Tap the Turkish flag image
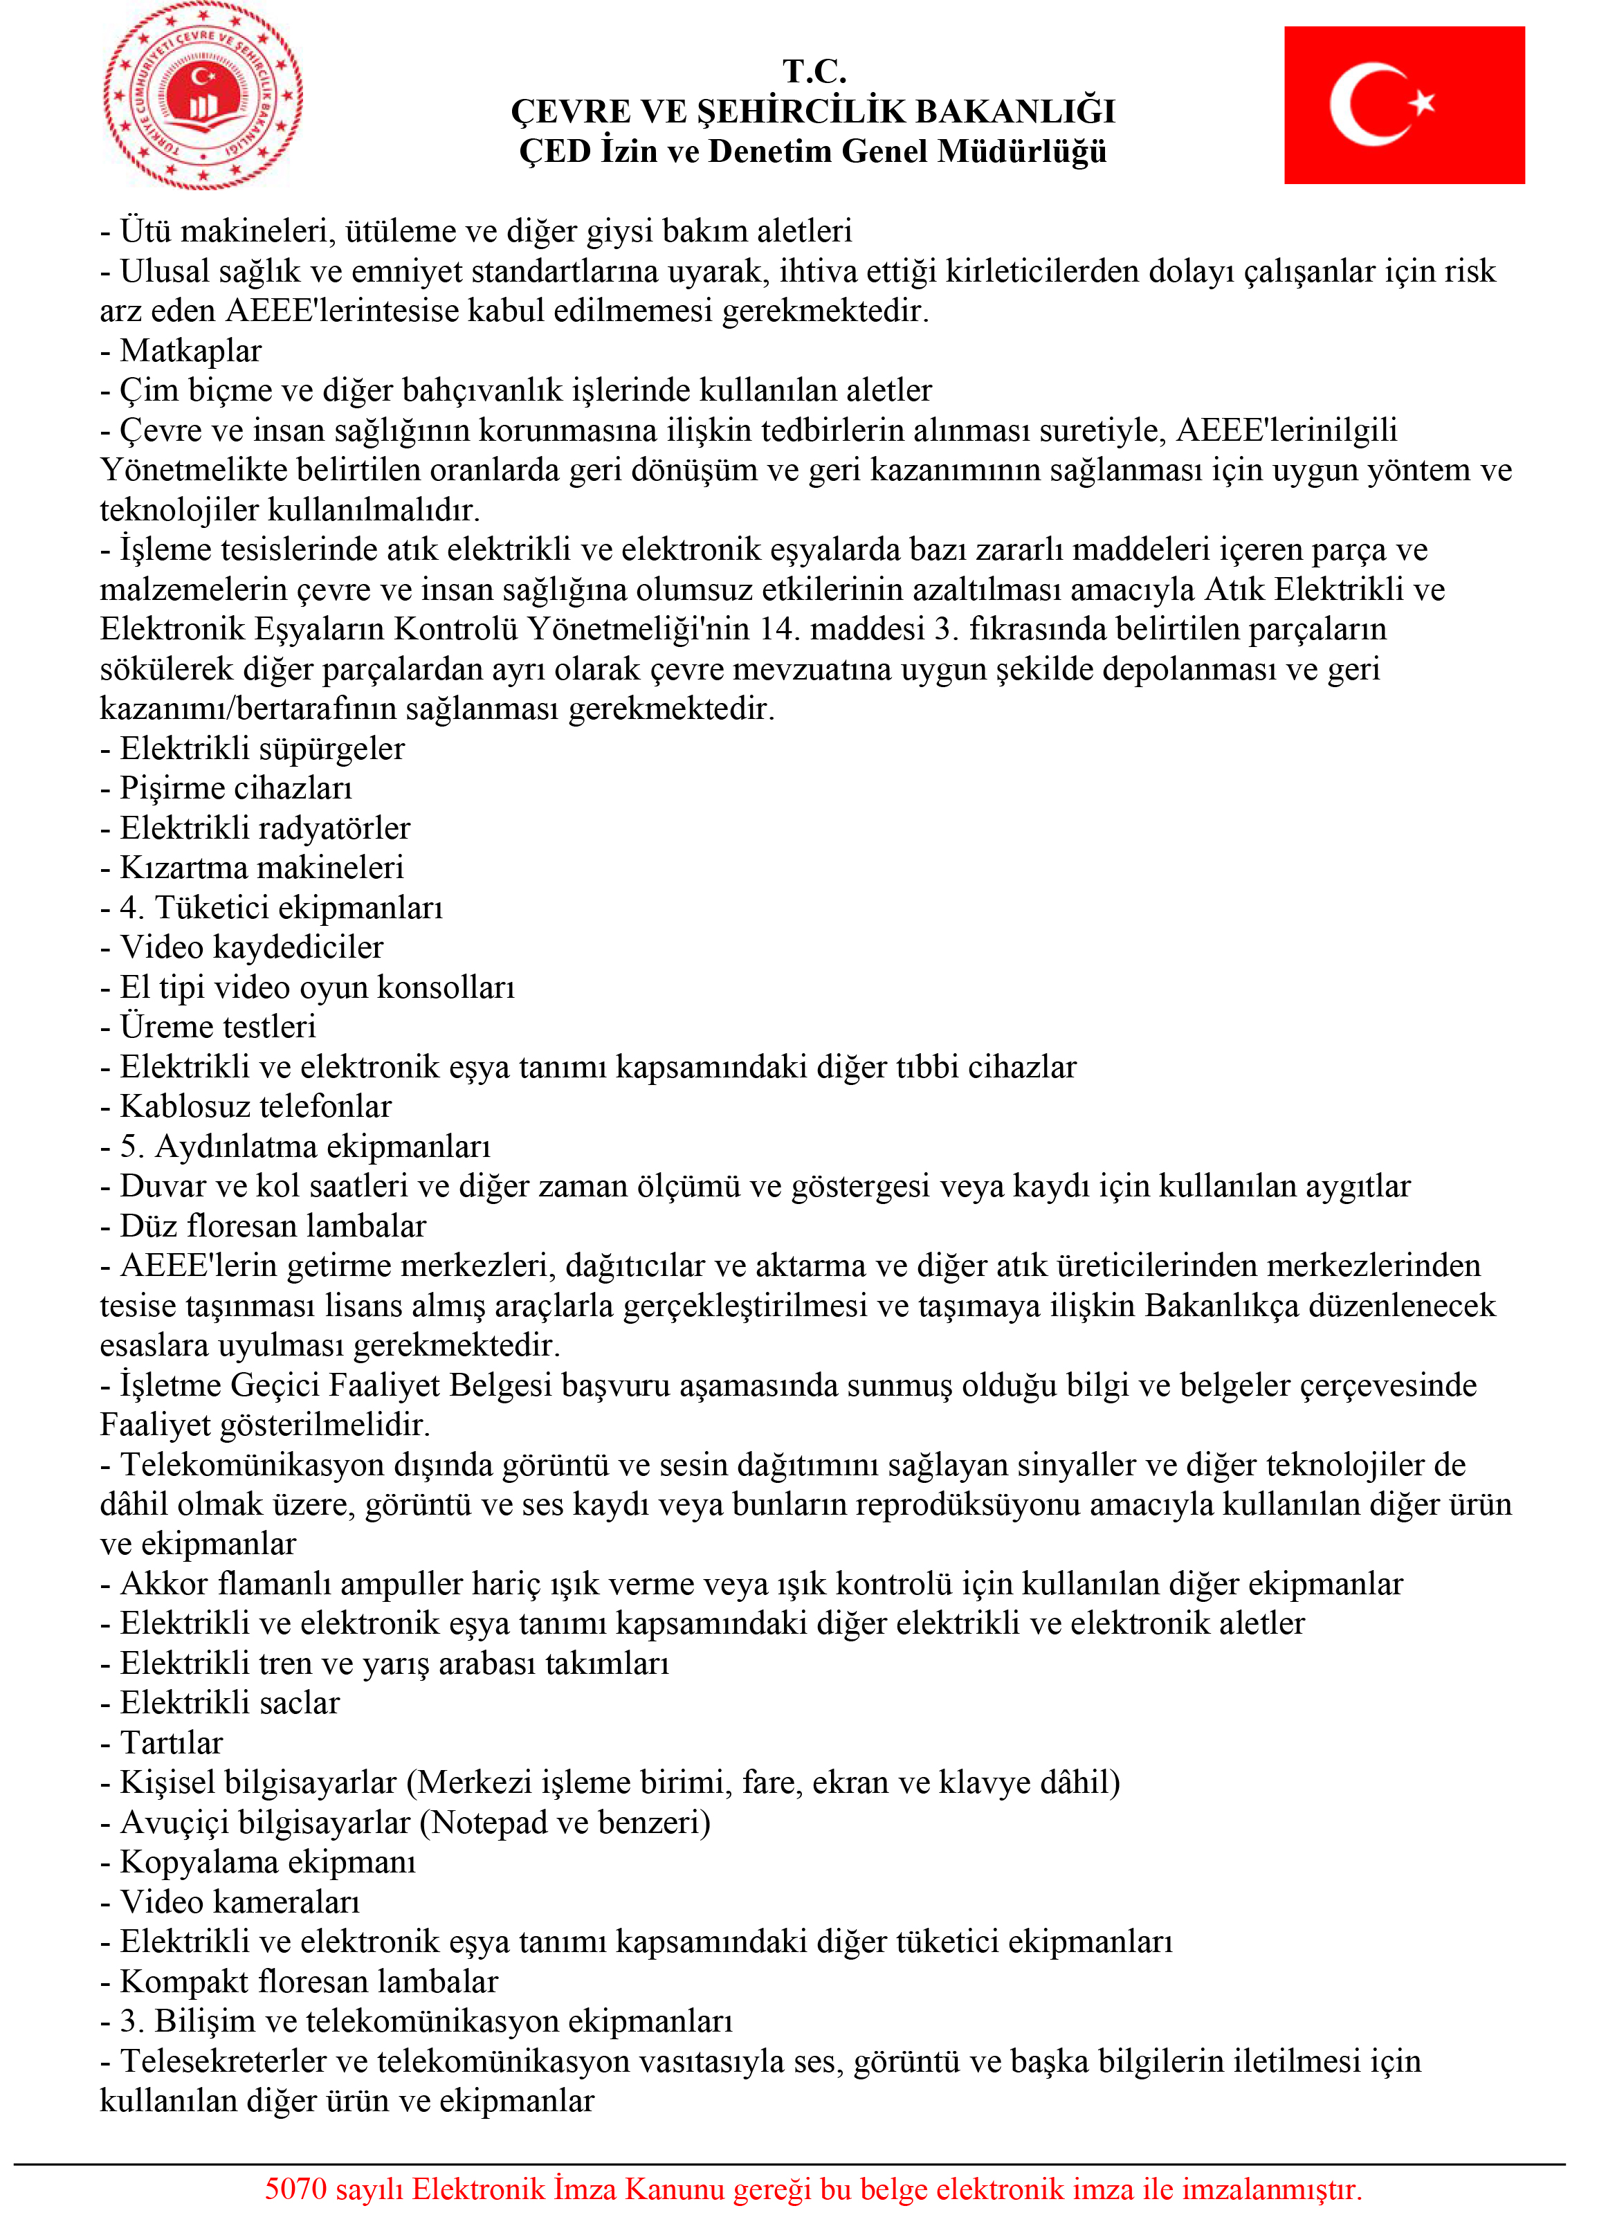click(1403, 105)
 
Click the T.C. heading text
click(814, 71)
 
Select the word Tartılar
click(171, 1742)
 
